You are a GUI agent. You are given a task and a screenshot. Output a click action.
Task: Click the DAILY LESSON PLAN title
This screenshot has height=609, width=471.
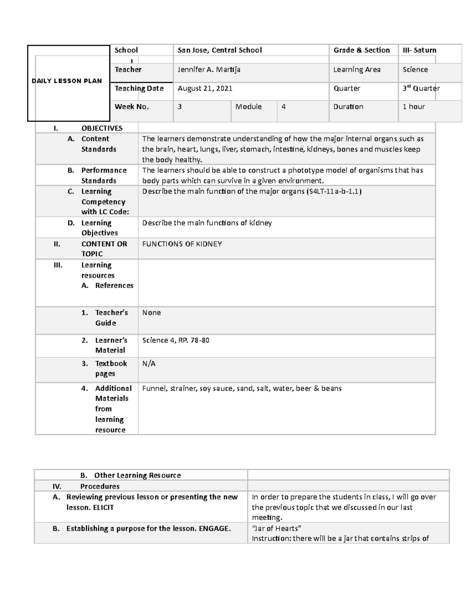[67, 81]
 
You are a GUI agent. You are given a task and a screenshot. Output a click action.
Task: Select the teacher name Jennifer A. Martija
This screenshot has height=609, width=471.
[209, 70]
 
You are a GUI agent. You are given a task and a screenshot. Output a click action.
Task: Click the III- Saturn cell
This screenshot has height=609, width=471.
[419, 50]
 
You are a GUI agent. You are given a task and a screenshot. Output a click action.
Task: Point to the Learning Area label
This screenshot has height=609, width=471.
[356, 70]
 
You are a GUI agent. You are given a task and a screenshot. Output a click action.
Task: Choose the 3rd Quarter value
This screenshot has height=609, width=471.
[421, 89]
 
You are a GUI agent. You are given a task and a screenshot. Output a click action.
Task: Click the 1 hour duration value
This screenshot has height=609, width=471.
[414, 107]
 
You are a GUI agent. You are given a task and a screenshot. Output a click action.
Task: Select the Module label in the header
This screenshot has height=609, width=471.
[248, 107]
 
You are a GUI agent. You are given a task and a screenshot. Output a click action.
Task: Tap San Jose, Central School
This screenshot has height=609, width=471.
[219, 50]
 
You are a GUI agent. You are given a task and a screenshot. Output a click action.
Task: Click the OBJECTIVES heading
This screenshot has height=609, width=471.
[102, 128]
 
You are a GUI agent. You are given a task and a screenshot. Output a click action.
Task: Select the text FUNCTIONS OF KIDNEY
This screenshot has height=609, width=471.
[182, 244]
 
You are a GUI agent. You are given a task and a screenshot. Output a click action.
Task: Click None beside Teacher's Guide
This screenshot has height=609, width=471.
[151, 313]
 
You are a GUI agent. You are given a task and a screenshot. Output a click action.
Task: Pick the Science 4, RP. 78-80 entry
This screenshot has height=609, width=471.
[175, 340]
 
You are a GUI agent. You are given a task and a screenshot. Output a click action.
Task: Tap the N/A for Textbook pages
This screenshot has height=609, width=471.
[148, 364]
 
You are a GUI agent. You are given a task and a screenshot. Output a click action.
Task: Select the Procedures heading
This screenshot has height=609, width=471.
[100, 486]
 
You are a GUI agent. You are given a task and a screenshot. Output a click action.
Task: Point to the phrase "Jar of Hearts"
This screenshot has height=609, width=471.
[276, 528]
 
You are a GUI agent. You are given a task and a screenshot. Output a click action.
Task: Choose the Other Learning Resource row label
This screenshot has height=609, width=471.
[137, 475]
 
